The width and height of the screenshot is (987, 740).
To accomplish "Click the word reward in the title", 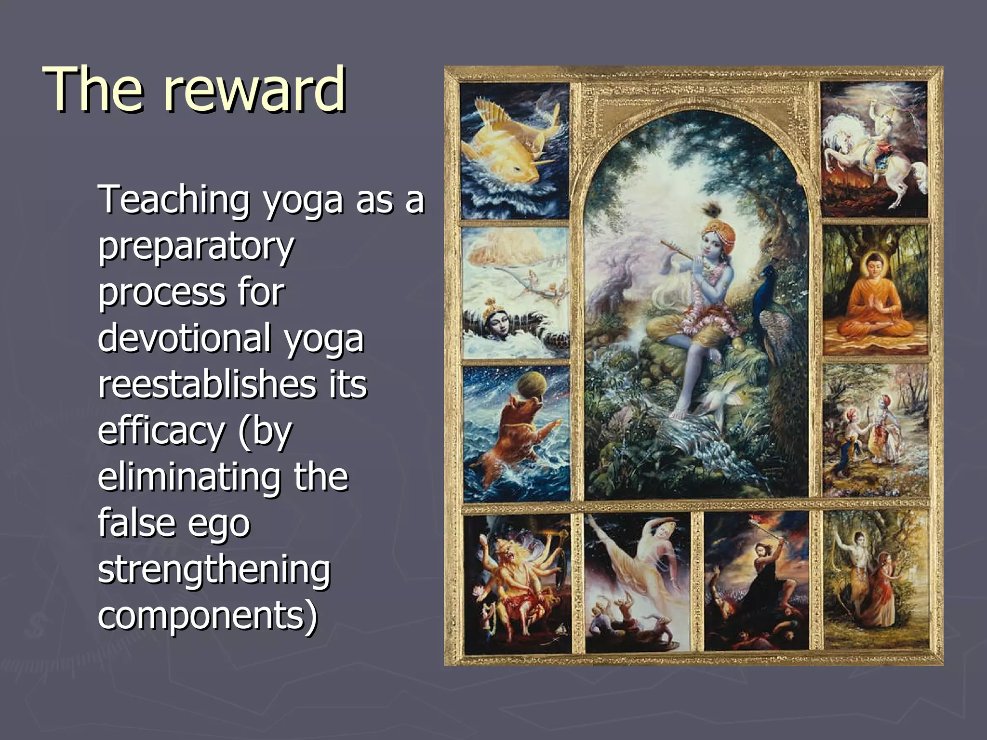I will (254, 90).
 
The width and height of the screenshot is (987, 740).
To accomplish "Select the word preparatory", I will (196, 247).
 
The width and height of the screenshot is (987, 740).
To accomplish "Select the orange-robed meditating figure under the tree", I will (875, 299).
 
